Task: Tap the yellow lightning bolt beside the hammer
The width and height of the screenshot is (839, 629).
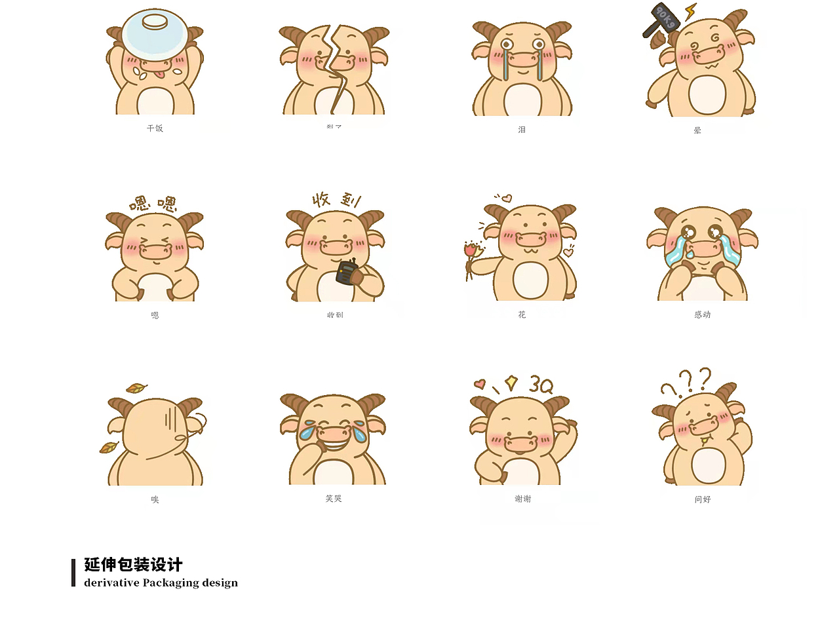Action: click(x=690, y=11)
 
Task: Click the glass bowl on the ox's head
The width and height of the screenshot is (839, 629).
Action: click(x=155, y=31)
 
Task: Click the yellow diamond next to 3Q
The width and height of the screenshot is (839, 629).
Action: click(x=511, y=383)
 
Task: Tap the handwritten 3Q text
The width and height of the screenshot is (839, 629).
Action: click(x=541, y=385)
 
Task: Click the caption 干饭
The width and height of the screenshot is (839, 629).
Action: click(x=155, y=128)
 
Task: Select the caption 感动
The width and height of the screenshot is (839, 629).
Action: click(x=703, y=315)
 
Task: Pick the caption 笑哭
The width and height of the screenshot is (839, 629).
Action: click(x=334, y=499)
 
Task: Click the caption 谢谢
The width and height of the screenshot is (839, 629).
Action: click(x=523, y=499)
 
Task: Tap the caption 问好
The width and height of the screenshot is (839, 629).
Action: click(x=703, y=499)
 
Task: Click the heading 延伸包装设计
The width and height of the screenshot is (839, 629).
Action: click(x=134, y=565)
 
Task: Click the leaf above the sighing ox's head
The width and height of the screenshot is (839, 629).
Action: click(x=136, y=388)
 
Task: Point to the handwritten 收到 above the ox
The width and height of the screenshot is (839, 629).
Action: click(x=336, y=200)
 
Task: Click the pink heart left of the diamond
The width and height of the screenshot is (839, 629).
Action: click(x=480, y=384)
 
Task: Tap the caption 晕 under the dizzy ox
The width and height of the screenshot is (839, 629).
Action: click(x=697, y=130)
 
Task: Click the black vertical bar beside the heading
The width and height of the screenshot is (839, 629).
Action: click(x=73, y=573)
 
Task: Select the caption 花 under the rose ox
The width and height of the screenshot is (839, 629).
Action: click(x=522, y=315)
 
